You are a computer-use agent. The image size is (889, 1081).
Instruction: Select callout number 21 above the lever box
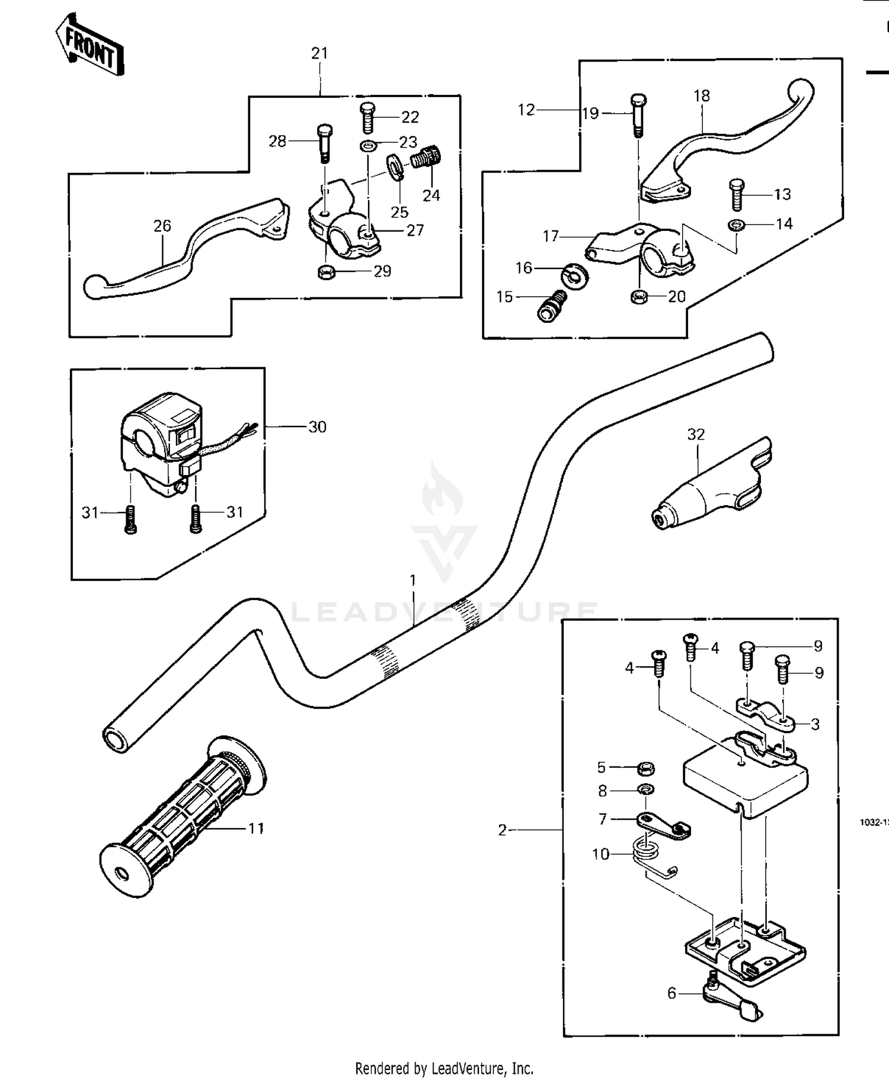pyautogui.click(x=319, y=53)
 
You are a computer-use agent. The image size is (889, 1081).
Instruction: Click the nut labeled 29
pyautogui.click(x=325, y=272)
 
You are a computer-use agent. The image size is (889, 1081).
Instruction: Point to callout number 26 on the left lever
pyautogui.click(x=162, y=226)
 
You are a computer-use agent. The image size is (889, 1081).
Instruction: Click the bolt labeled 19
pyautogui.click(x=638, y=115)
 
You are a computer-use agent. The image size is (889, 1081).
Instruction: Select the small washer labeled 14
pyautogui.click(x=735, y=224)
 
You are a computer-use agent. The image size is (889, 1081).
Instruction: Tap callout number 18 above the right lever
pyautogui.click(x=702, y=96)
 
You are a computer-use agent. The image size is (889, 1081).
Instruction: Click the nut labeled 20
pyautogui.click(x=638, y=297)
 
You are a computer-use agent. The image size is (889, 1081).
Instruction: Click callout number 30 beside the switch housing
pyautogui.click(x=317, y=427)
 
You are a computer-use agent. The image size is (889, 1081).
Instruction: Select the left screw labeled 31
pyautogui.click(x=131, y=519)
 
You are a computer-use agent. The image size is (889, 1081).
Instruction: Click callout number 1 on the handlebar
pyautogui.click(x=413, y=580)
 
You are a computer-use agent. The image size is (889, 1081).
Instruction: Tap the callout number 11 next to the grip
pyautogui.click(x=255, y=828)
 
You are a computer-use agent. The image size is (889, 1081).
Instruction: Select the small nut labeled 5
pyautogui.click(x=645, y=769)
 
